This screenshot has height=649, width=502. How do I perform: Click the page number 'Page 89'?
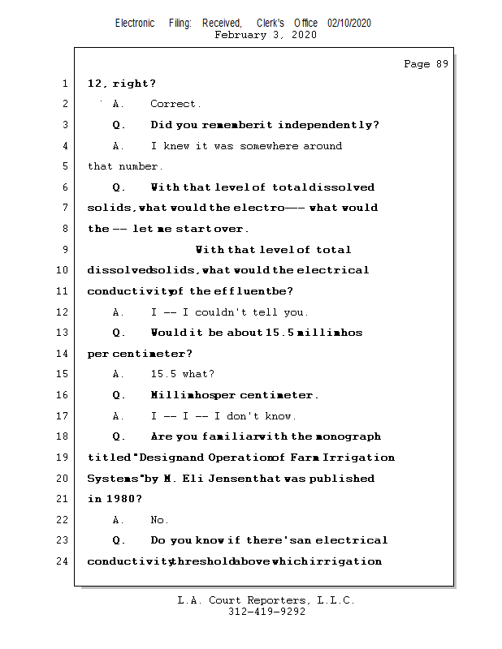(426, 64)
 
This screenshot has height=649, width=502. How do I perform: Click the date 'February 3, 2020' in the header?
(266, 35)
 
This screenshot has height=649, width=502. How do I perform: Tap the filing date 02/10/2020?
(349, 24)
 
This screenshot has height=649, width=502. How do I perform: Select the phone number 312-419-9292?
(266, 612)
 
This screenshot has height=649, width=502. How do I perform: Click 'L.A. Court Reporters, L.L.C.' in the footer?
(266, 600)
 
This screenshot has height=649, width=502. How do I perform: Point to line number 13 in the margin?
(63, 333)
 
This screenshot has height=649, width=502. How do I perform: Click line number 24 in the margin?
(63, 561)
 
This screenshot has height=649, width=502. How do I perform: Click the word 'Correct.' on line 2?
(175, 104)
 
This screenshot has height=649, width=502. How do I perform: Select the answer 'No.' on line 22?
(159, 520)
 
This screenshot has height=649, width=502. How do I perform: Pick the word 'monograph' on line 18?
(348, 436)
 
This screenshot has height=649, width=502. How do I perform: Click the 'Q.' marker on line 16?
(119, 395)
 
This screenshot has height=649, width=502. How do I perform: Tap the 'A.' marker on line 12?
(119, 312)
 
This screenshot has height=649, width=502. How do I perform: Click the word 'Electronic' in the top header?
(135, 24)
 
